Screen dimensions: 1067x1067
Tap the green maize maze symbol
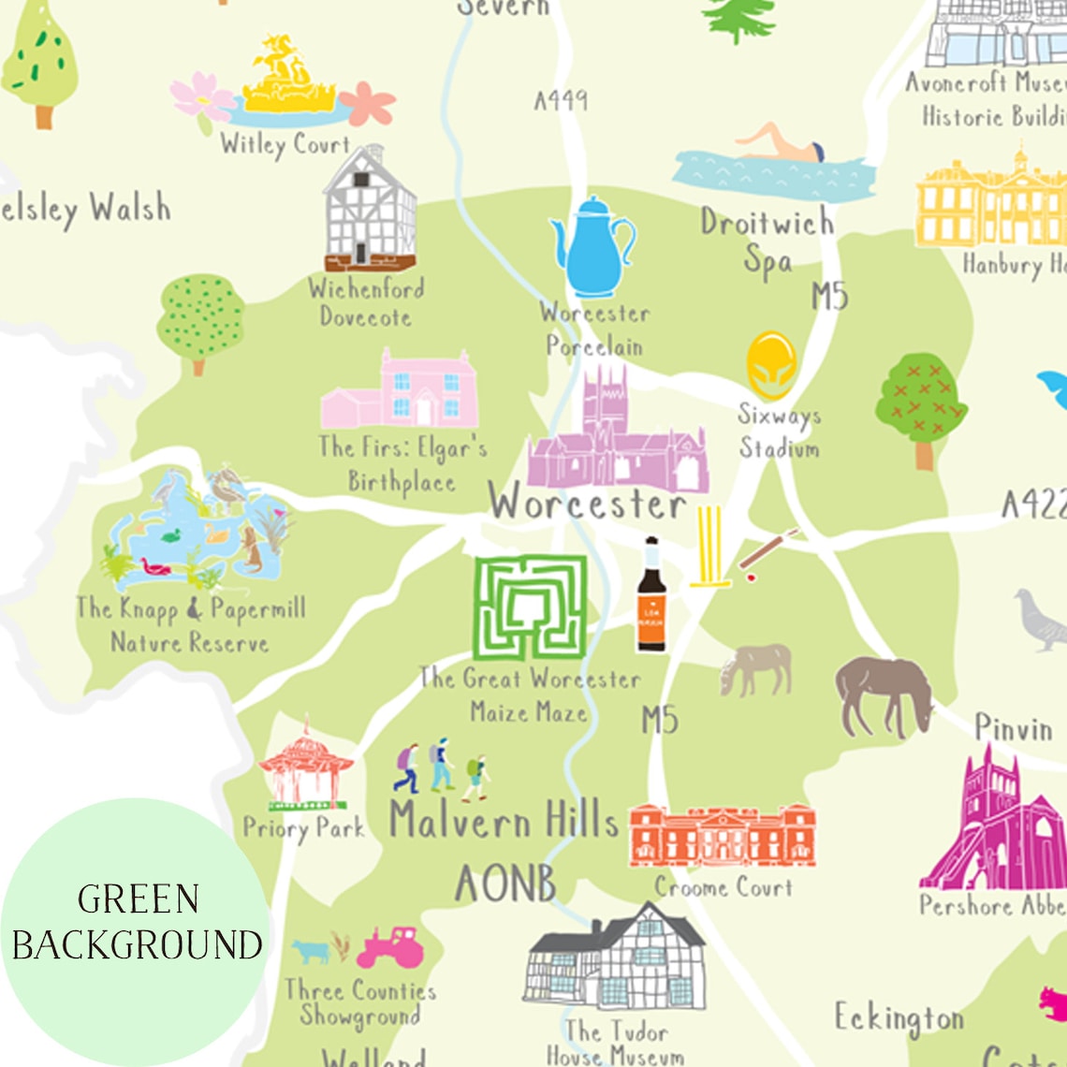[530, 607]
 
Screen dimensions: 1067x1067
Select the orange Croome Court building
[722, 835]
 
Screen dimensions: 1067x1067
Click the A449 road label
[561, 100]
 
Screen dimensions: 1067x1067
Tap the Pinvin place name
[1014, 727]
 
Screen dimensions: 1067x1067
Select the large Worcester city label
[588, 504]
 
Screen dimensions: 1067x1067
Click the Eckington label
[899, 1017]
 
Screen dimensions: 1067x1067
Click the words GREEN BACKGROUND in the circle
[137, 922]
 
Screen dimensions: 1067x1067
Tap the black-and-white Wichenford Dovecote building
[370, 211]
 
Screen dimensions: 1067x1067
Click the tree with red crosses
[922, 402]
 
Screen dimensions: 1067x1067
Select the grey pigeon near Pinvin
[1042, 620]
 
